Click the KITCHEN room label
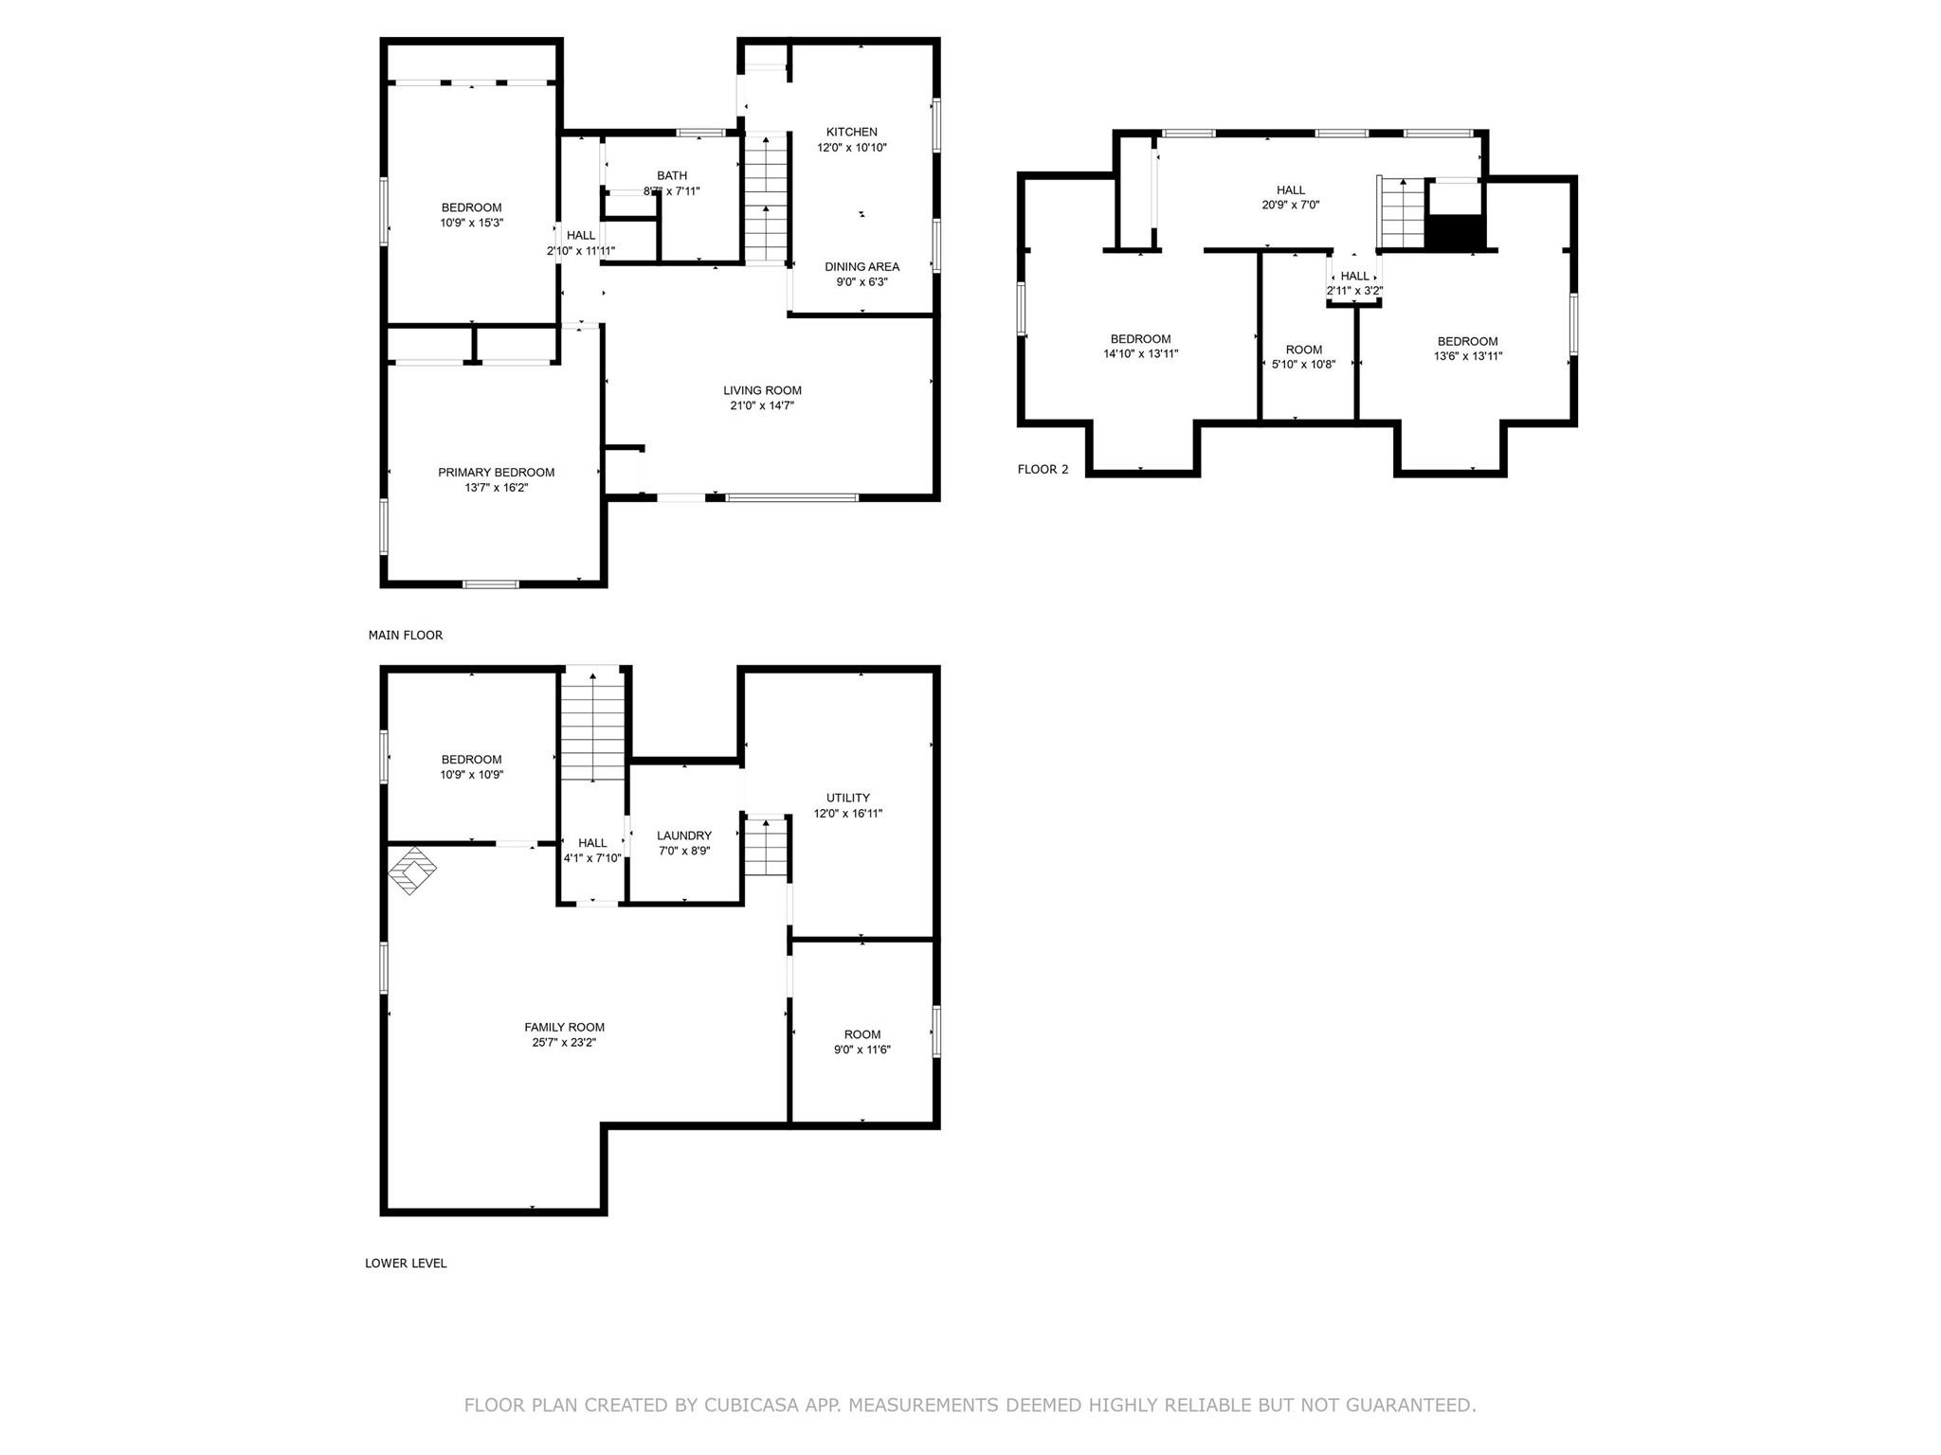[851, 132]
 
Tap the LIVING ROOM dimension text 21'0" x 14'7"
[762, 405]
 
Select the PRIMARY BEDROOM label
[496, 472]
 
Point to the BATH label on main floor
[672, 175]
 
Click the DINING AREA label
[862, 266]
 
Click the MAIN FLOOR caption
[406, 635]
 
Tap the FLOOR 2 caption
[1043, 469]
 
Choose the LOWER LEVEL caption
[406, 1263]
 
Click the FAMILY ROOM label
[564, 1027]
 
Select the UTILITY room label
[847, 798]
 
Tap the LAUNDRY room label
[683, 835]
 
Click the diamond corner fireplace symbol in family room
[412, 870]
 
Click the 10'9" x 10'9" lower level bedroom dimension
[471, 774]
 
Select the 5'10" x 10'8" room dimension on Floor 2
[1303, 364]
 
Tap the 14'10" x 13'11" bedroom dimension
[1140, 353]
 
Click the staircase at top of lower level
[592, 725]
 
